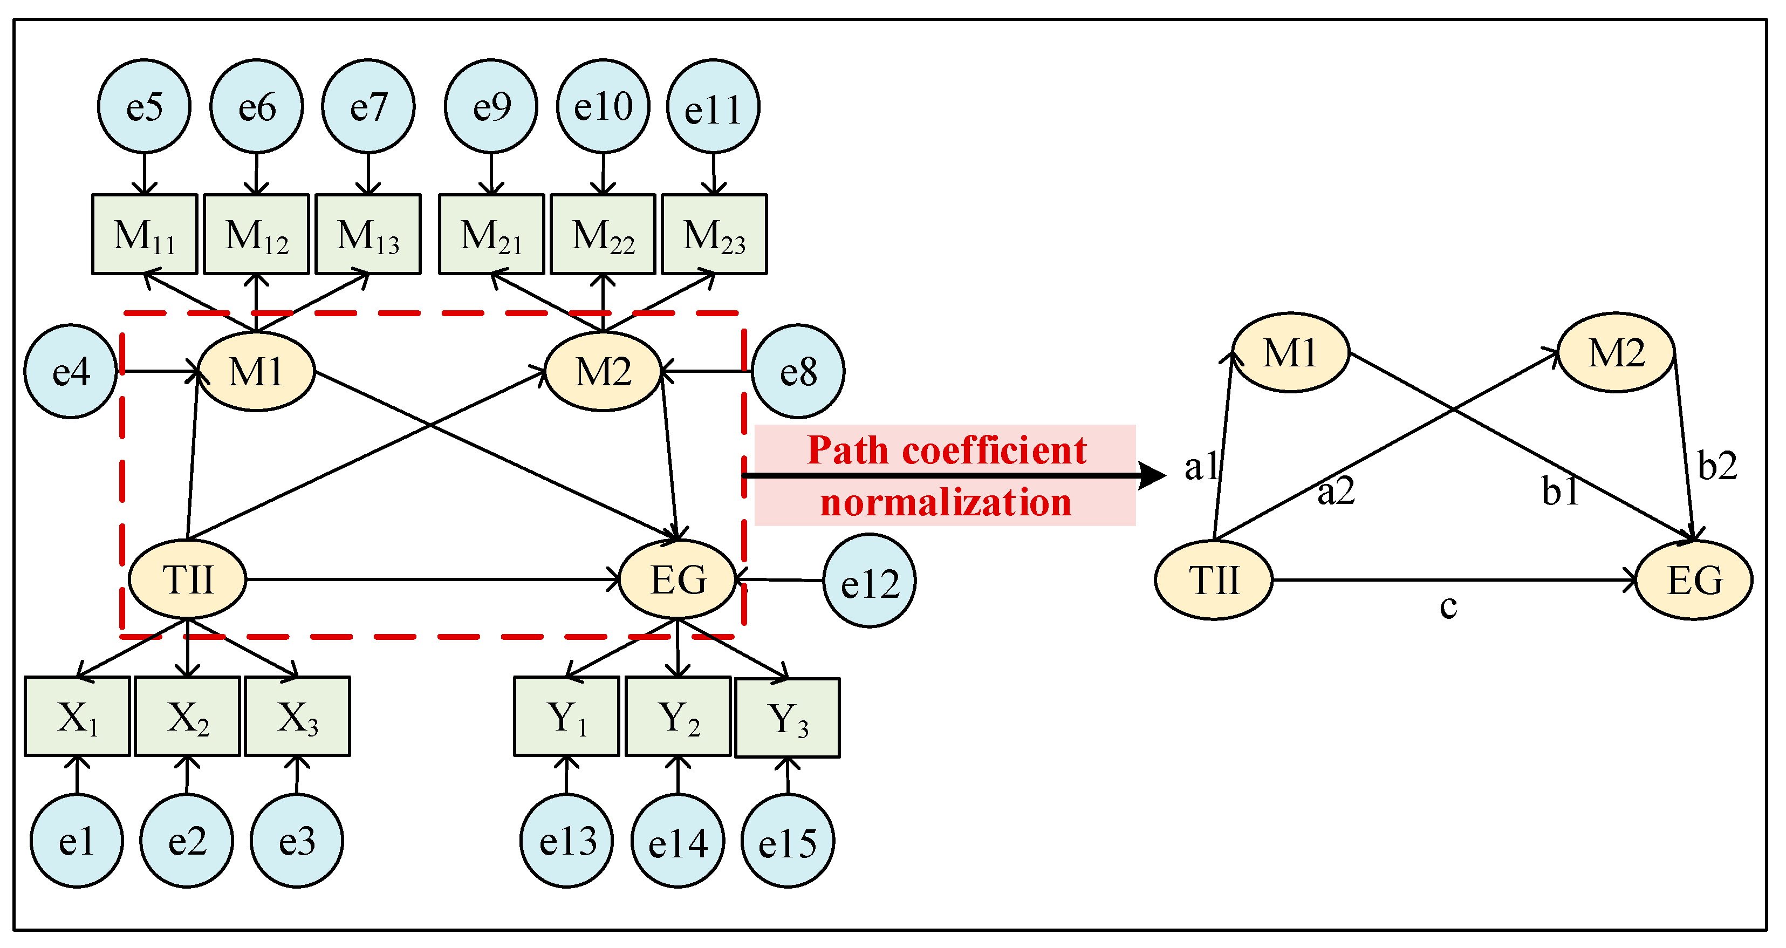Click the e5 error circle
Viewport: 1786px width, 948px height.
144,107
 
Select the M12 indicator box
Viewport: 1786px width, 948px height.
257,234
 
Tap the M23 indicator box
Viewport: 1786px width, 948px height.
714,234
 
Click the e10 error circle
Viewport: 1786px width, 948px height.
603,107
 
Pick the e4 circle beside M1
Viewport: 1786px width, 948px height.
71,372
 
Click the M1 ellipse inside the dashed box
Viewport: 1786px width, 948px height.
257,372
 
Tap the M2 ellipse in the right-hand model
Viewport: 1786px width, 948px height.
1616,353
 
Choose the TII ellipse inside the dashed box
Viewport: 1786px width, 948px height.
188,579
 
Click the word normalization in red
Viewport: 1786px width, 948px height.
946,502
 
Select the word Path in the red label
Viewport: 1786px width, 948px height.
848,450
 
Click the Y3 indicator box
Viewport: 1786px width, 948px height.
788,718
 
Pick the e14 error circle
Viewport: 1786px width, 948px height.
678,841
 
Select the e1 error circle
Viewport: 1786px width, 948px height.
76,841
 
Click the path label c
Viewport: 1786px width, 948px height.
1448,606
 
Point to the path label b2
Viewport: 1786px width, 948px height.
1716,465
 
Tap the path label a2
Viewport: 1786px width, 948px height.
1336,492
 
